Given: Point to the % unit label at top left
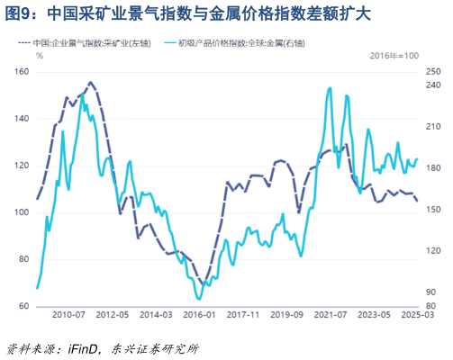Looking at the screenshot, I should coord(40,56).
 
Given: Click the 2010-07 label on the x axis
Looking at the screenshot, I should coord(68,315).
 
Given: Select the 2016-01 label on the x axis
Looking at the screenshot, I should coord(200,315).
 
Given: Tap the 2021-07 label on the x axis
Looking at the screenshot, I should coord(331,315).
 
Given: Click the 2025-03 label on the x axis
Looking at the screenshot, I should coord(416,315).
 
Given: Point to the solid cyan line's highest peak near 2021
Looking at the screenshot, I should coord(330,88).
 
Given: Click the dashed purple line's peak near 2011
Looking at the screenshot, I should coord(90,82).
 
